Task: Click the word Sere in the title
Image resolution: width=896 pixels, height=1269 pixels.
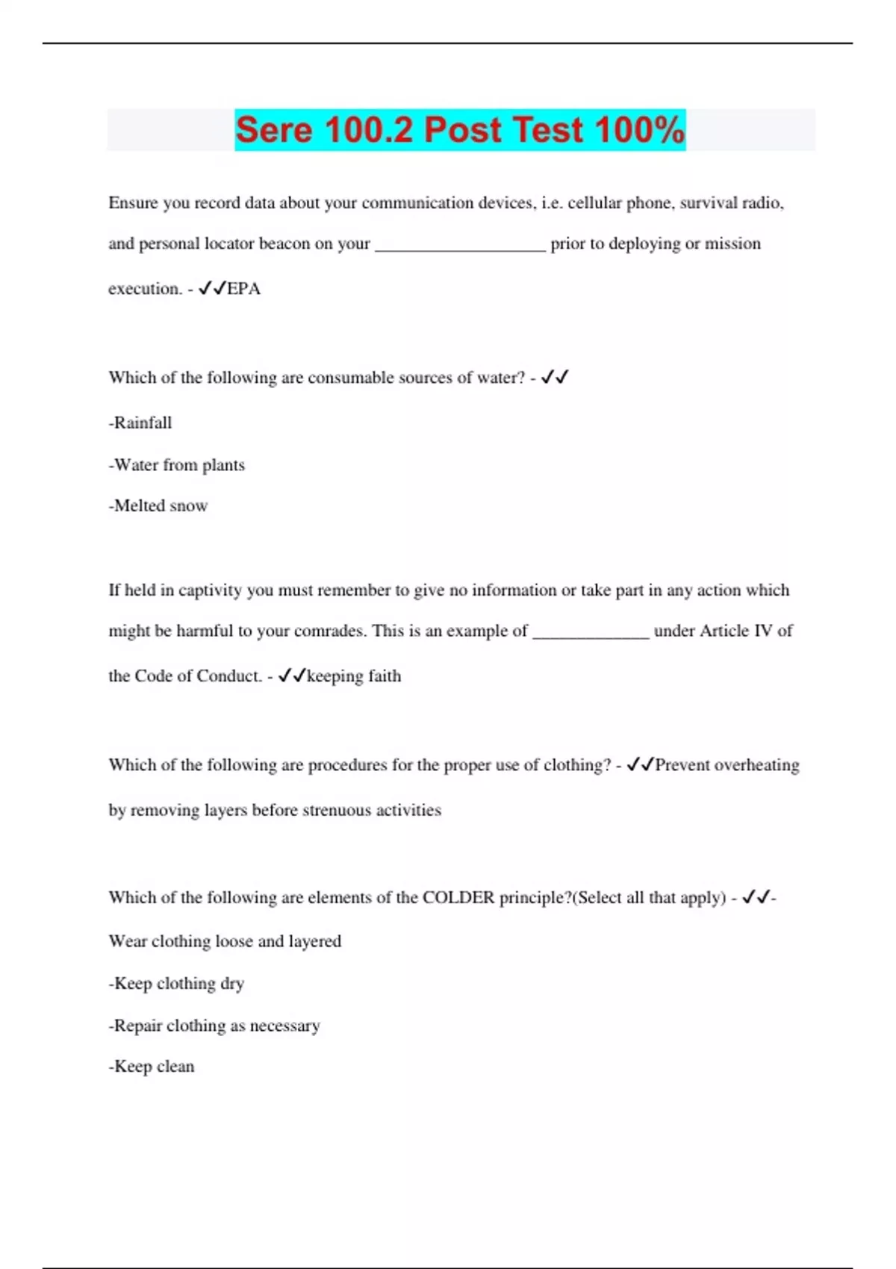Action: pos(273,130)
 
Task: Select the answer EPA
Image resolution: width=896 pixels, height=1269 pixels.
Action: pos(243,289)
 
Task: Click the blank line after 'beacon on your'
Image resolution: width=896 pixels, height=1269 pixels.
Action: pos(460,246)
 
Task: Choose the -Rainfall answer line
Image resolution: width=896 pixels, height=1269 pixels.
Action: pos(140,423)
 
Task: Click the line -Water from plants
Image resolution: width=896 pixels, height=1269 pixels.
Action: pos(177,465)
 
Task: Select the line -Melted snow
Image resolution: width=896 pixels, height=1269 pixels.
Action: pos(158,506)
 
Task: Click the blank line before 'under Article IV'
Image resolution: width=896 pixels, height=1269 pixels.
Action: pos(591,634)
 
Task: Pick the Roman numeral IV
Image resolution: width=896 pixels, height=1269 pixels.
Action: pos(762,631)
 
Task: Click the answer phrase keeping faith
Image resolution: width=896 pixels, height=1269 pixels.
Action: pos(354,676)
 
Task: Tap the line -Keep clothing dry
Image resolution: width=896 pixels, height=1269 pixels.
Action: pos(177,984)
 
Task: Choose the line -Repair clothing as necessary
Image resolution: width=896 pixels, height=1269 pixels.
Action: pos(215,1026)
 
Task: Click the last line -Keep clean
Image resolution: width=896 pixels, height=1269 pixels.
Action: pos(152,1067)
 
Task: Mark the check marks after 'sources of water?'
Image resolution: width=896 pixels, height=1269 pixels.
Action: pos(555,377)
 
